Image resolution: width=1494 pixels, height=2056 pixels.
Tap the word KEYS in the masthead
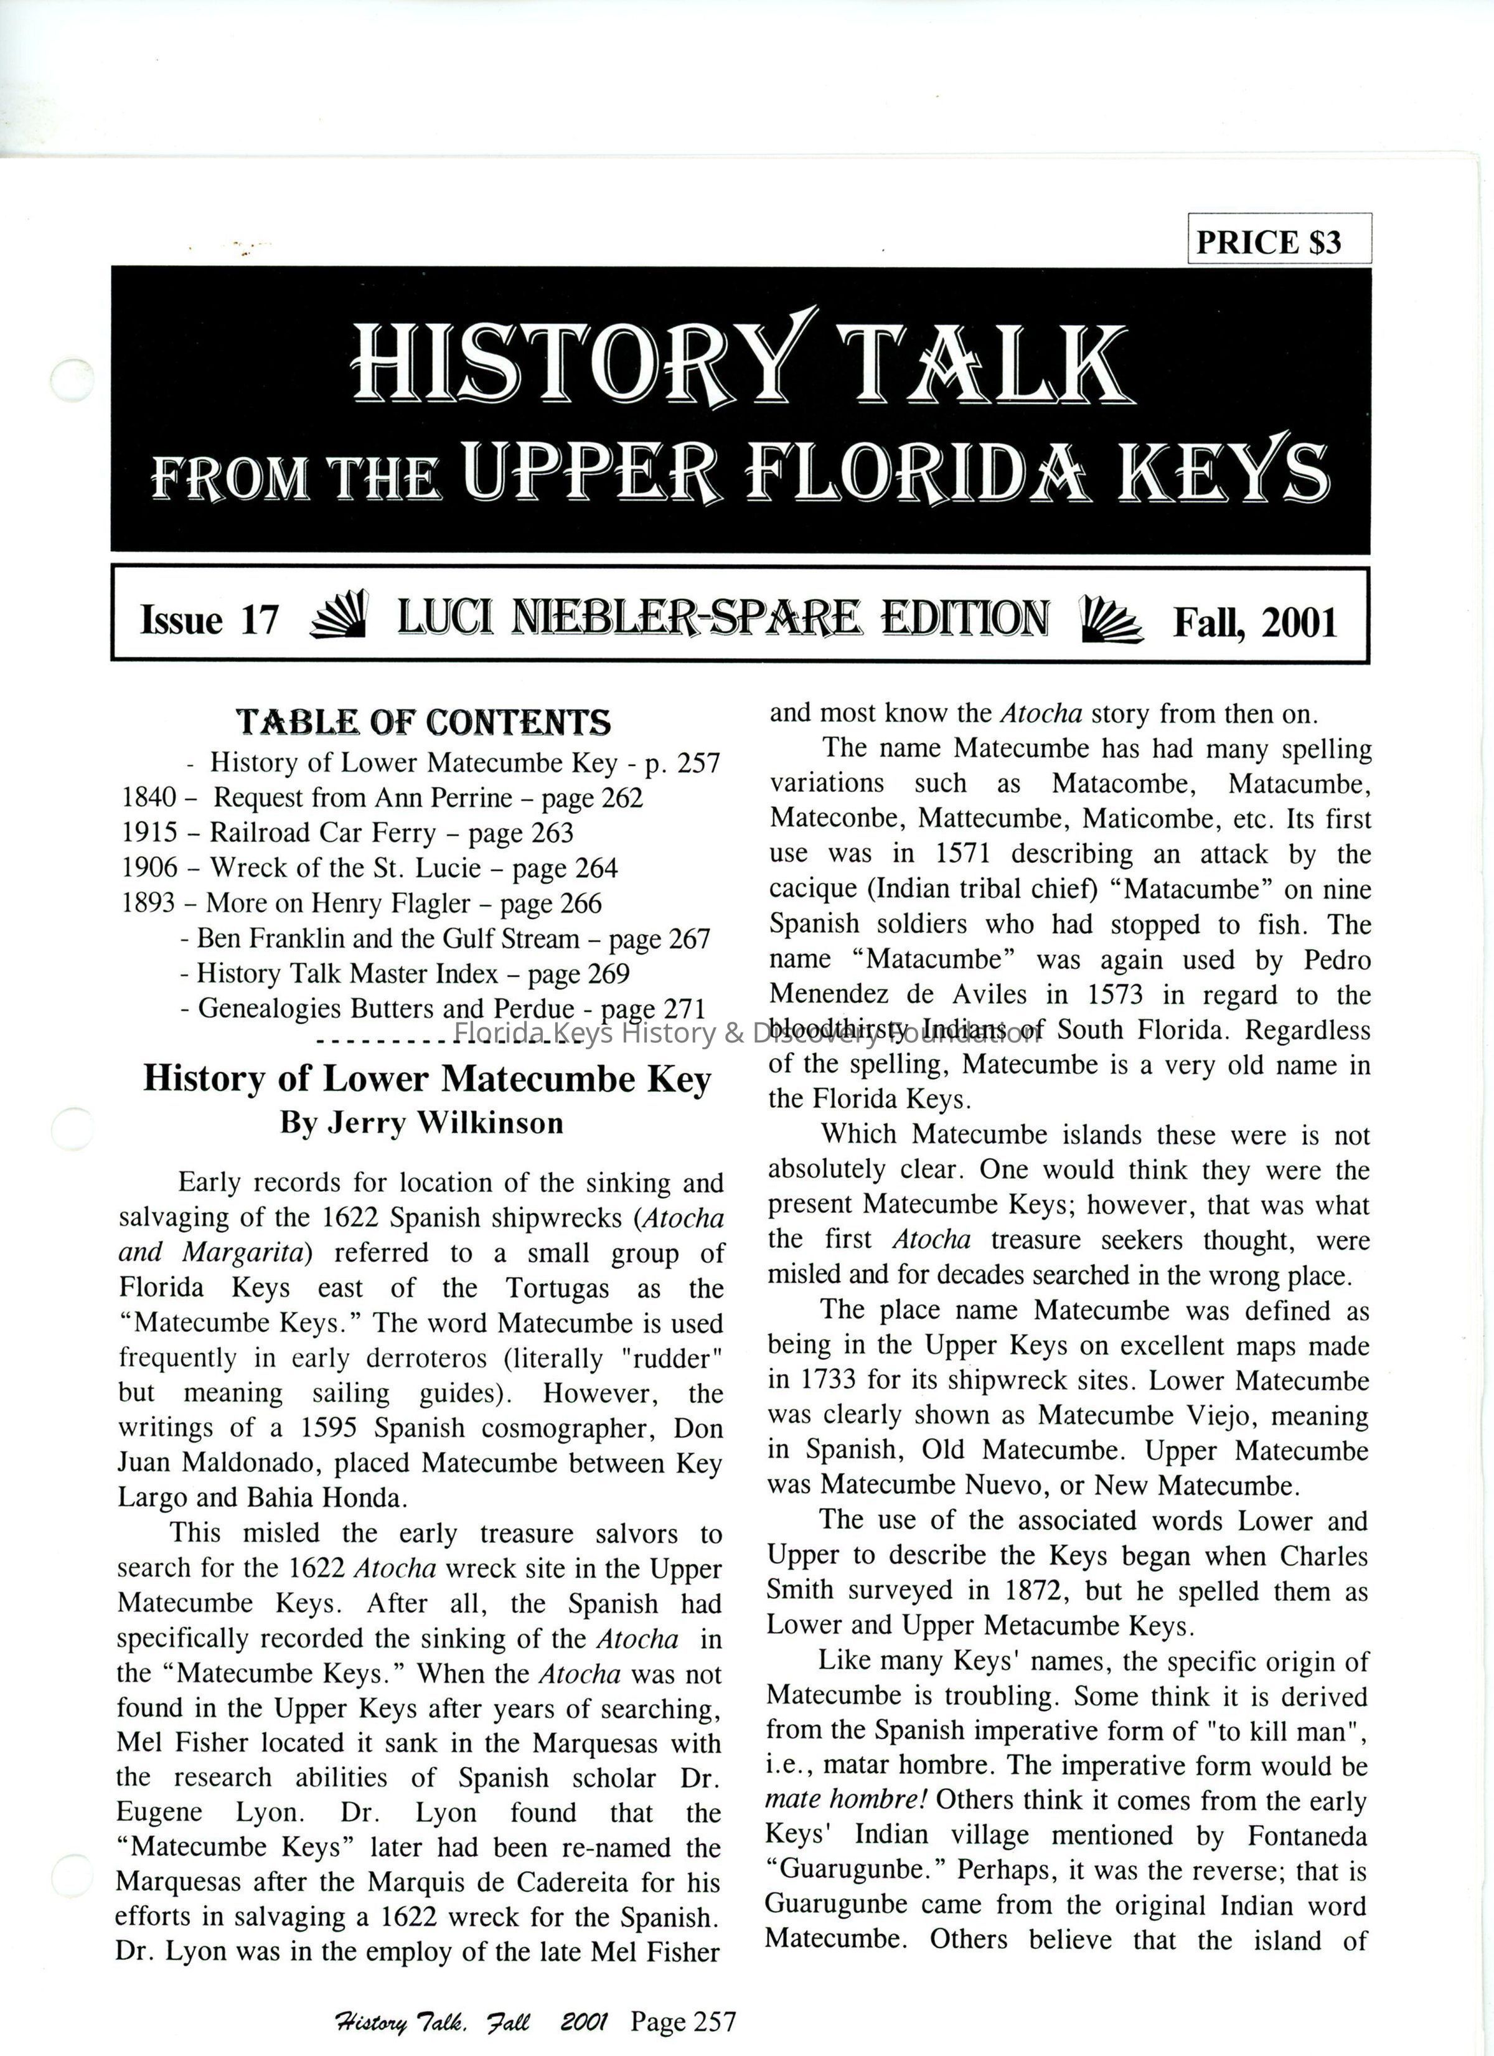click(x=1224, y=471)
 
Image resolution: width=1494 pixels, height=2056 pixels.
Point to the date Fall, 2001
click(x=1255, y=622)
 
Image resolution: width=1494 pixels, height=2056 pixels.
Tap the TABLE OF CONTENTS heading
click(x=423, y=722)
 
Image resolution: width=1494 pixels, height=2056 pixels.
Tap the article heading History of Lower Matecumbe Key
click(x=426, y=1079)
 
